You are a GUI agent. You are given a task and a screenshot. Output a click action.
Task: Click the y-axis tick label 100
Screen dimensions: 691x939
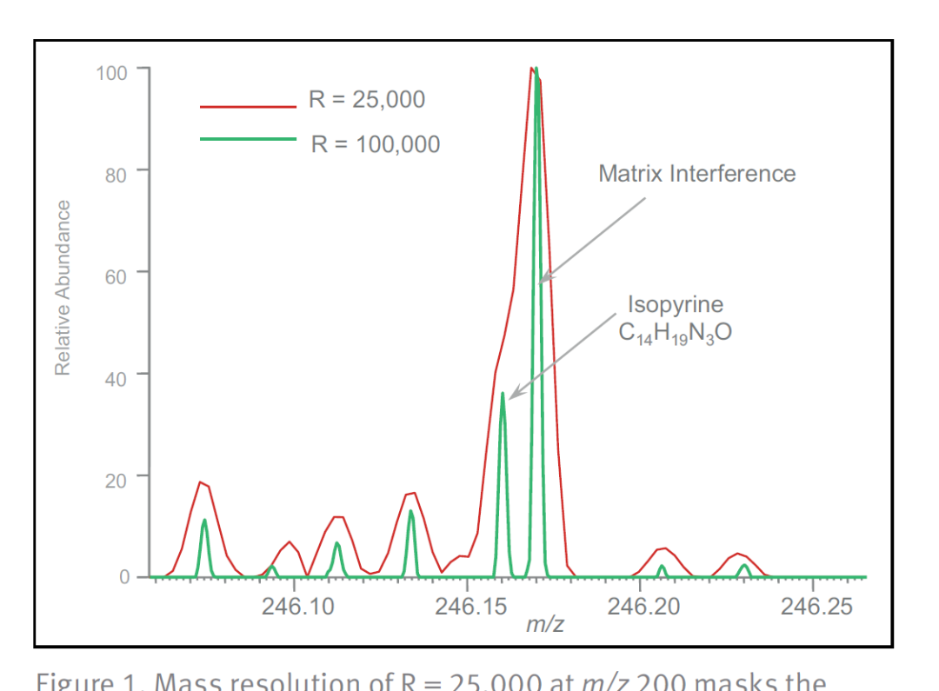(x=111, y=72)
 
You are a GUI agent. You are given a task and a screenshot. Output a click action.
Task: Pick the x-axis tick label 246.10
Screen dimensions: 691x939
(x=297, y=606)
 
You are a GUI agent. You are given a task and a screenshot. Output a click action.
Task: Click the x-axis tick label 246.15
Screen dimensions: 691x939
(x=470, y=606)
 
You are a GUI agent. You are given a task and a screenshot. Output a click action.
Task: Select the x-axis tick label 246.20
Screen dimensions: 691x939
(x=643, y=606)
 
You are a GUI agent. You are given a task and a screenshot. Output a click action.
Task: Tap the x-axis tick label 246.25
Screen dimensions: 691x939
(x=816, y=606)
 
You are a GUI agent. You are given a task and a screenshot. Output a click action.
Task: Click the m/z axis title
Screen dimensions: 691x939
(x=545, y=623)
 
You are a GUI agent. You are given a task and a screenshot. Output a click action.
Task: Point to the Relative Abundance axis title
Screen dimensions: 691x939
(x=63, y=288)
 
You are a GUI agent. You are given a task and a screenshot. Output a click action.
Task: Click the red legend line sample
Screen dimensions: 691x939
(x=248, y=107)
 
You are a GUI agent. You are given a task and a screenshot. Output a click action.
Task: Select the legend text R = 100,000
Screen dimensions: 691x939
(x=376, y=144)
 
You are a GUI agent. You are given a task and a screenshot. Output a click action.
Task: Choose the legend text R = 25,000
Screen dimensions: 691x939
(x=367, y=99)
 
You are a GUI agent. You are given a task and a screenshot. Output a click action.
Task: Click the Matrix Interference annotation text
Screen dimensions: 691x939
(x=696, y=174)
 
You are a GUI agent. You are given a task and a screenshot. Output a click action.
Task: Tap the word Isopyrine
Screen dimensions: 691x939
(x=676, y=305)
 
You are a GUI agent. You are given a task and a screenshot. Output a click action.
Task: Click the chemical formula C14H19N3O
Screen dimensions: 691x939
(x=676, y=333)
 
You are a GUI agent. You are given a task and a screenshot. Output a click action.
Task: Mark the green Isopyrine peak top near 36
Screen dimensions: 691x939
(x=503, y=394)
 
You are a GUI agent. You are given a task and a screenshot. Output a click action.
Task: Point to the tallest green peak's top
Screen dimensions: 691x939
(x=536, y=69)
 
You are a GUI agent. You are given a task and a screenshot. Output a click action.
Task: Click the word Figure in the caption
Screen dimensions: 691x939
(x=68, y=681)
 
